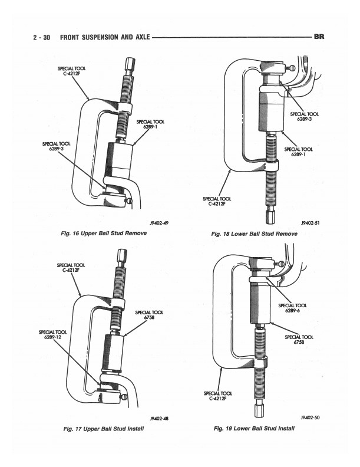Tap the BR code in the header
(x=319, y=37)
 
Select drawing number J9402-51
(x=309, y=223)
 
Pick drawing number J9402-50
(x=309, y=417)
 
